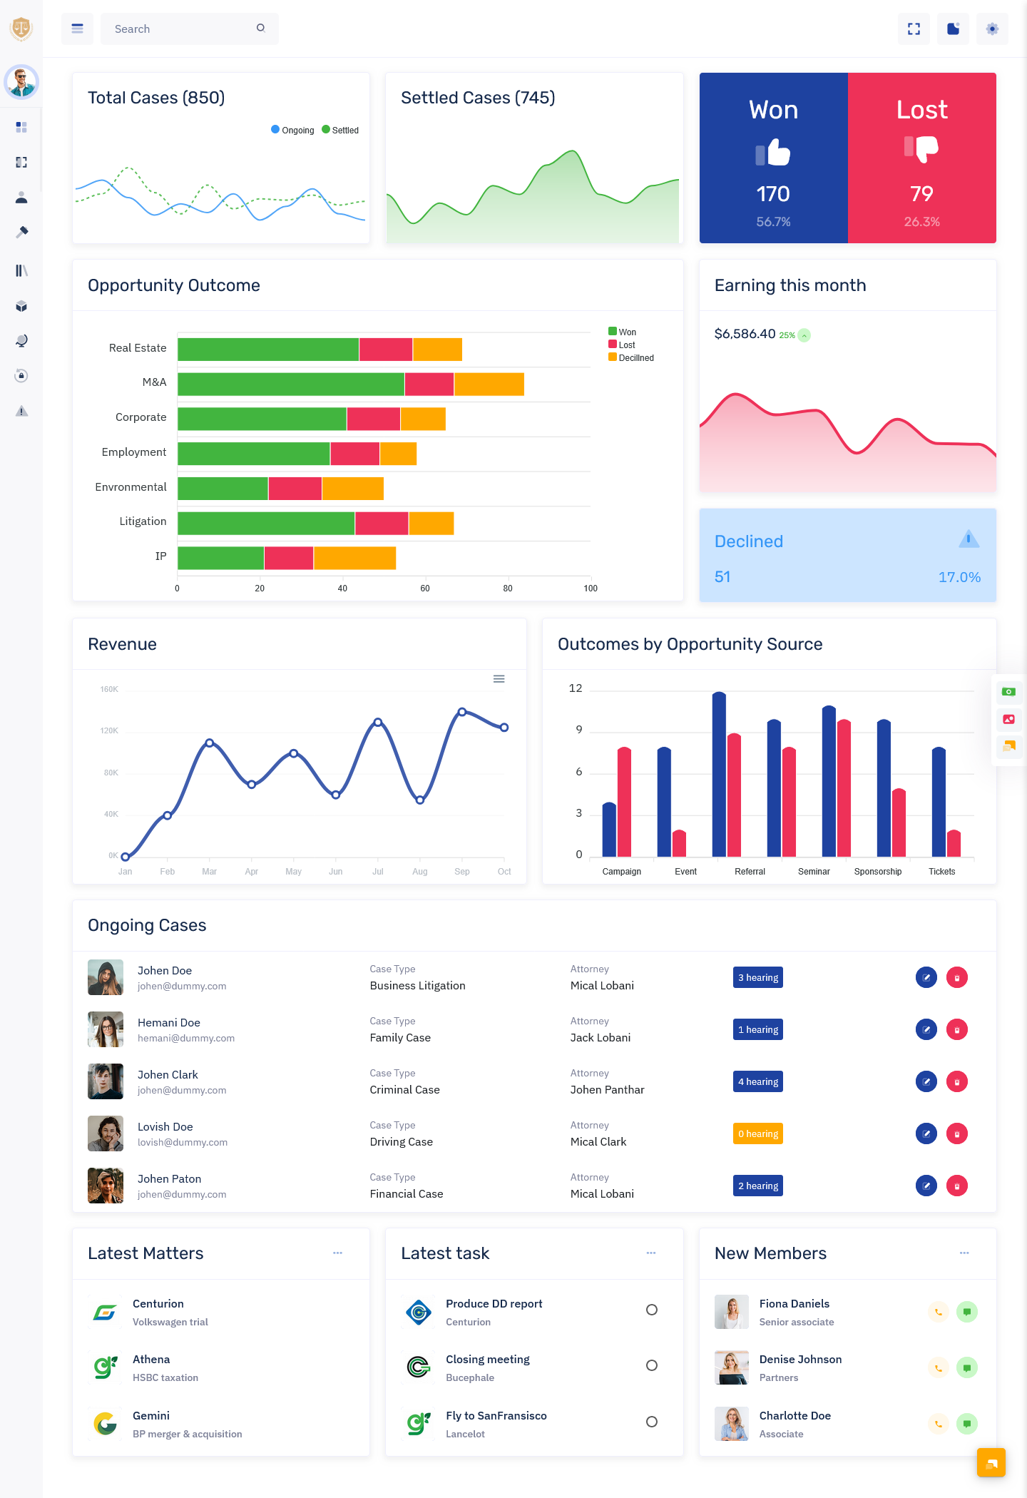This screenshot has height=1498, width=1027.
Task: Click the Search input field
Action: pos(182,29)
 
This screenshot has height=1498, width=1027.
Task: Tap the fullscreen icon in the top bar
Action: pos(914,29)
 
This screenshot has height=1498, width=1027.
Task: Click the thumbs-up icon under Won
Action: pos(773,152)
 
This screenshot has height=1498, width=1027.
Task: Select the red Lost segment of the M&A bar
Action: pos(429,384)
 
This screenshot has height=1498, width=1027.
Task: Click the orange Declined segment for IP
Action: pos(354,558)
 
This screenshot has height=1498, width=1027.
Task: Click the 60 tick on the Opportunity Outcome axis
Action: pos(425,588)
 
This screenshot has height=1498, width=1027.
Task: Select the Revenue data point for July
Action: pos(378,723)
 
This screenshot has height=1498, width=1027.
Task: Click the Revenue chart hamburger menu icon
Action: pos(499,679)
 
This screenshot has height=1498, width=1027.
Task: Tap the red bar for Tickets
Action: pos(954,843)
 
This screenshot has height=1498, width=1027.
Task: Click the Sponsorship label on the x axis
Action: pos(878,872)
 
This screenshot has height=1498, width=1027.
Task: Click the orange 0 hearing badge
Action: pos(757,1133)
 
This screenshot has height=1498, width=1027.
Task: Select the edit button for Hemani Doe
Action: pos(926,1029)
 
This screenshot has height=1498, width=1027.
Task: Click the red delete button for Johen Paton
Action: pos(956,1186)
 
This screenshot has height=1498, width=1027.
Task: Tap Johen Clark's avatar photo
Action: pos(106,1081)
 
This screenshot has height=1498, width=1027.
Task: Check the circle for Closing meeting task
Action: pos(651,1365)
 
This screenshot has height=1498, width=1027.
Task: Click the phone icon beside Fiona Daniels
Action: pos(939,1312)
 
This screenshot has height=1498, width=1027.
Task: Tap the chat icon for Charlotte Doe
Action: pos(966,1424)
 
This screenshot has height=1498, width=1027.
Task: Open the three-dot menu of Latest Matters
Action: pos(337,1253)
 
